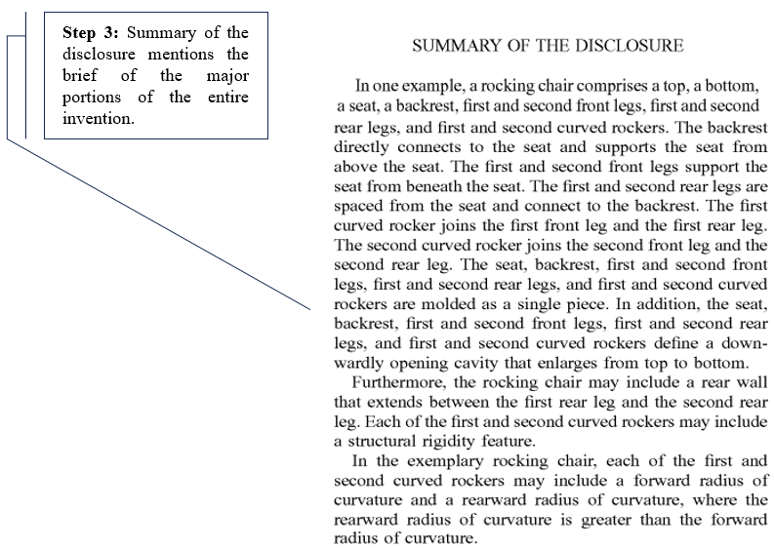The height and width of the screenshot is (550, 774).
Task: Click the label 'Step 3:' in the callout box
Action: click(x=91, y=32)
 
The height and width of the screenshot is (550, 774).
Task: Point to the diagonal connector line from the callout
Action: click(x=156, y=224)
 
